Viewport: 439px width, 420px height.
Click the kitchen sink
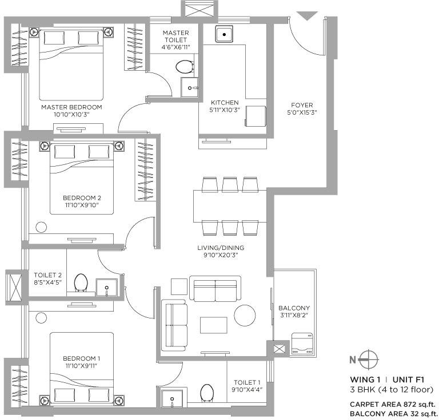click(x=224, y=34)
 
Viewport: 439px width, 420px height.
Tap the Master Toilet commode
click(x=185, y=67)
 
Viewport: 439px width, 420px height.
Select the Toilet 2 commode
click(x=81, y=282)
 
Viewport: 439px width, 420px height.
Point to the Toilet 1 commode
click(x=207, y=393)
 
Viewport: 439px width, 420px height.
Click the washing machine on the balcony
click(x=302, y=344)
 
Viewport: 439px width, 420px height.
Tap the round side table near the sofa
click(x=245, y=315)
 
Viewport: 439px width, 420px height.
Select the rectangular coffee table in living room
click(x=213, y=325)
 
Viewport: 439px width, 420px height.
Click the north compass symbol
click(x=368, y=360)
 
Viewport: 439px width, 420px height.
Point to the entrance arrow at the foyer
click(x=307, y=15)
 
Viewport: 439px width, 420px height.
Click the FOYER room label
click(x=302, y=105)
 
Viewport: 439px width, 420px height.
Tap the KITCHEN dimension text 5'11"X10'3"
click(x=225, y=110)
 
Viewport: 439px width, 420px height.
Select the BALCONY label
click(x=294, y=308)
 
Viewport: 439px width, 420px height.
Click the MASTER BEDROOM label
click(x=71, y=107)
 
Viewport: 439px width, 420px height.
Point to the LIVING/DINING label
click(x=221, y=248)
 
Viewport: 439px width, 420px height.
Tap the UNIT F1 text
click(x=408, y=379)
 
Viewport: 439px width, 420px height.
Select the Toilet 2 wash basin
click(x=107, y=287)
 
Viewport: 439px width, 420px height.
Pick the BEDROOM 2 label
click(x=82, y=198)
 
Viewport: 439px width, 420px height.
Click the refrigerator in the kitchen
click(x=256, y=116)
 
